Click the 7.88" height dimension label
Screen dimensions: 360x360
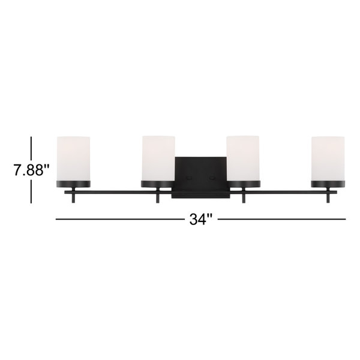click(x=32, y=170)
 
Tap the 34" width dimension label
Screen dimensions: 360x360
click(x=201, y=219)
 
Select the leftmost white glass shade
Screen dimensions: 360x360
click(x=73, y=158)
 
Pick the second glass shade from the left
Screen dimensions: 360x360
click(x=158, y=158)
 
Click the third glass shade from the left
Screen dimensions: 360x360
click(x=243, y=158)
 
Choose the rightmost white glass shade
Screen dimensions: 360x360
click(x=328, y=158)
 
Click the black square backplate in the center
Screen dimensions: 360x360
click(x=201, y=177)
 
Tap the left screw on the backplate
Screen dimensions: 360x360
click(x=189, y=178)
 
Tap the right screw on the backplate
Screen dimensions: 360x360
click(x=212, y=178)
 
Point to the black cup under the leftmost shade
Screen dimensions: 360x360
click(x=73, y=184)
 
